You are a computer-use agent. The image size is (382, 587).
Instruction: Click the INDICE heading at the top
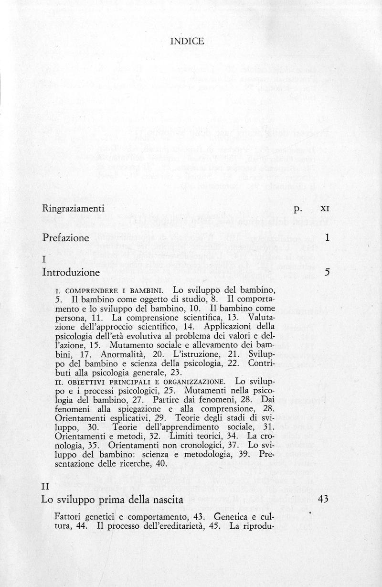[x=187, y=41]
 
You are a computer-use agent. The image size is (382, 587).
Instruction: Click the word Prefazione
[x=65, y=237]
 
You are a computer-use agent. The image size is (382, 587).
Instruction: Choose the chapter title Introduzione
[x=71, y=273]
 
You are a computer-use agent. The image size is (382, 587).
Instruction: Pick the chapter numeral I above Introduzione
[x=44, y=260]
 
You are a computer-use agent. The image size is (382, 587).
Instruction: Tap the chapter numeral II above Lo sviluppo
[x=46, y=487]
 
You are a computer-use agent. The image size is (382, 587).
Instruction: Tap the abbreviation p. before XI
[x=299, y=209]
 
